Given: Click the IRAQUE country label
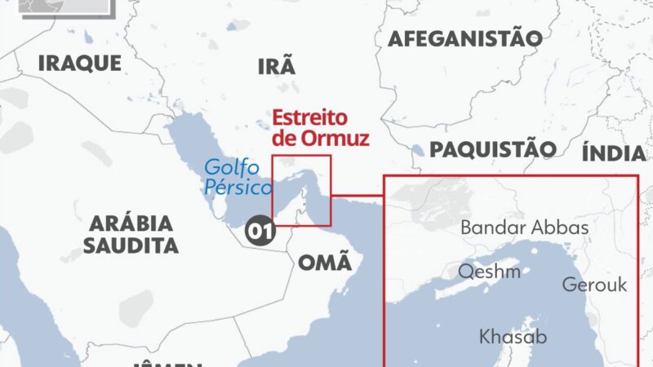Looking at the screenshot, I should coord(80,63).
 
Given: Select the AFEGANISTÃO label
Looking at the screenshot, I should coord(464,38).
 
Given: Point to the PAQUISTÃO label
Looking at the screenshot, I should coord(493,149).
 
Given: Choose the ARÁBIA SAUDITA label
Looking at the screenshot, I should coord(132,233).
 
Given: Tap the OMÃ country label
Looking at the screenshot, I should coord(325,262).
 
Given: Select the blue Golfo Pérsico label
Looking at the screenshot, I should coord(235,177).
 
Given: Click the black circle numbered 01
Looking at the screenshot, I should coord(260,232).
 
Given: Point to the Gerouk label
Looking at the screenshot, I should coord(594,285).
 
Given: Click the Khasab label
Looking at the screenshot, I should coord(513,336).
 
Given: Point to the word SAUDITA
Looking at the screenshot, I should coord(133,245).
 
